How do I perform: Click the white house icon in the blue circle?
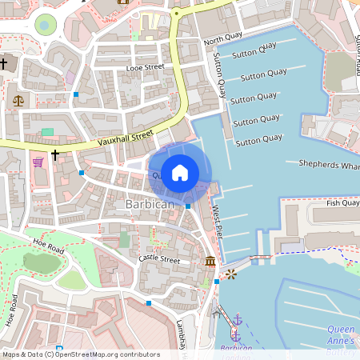180,172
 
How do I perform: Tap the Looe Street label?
145,69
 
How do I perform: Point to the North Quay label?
222,40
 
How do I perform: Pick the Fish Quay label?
342,203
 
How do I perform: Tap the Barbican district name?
150,206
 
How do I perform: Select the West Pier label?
217,222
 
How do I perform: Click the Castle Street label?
159,259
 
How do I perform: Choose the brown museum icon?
210,262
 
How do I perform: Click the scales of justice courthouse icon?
18,102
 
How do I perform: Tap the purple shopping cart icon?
38,162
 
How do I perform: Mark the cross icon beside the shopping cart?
55,154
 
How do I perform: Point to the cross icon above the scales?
4,62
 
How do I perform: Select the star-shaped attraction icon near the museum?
232,274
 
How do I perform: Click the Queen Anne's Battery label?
342,335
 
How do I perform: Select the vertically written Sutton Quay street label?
218,76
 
